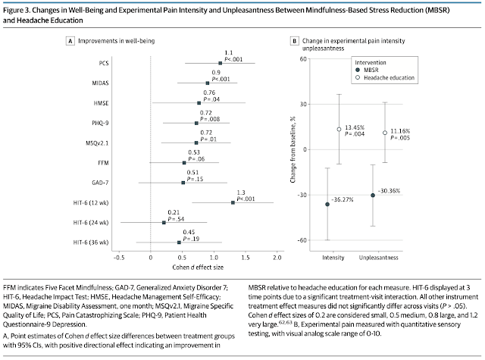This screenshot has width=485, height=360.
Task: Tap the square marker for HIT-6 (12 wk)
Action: [233, 202]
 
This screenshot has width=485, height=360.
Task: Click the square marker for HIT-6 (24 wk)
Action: [164, 222]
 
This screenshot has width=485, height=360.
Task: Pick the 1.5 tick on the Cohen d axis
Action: [246, 258]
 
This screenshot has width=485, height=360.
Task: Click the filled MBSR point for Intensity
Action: [327, 205]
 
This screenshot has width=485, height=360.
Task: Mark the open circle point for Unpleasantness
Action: [384, 133]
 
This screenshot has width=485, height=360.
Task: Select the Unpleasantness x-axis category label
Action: [384, 257]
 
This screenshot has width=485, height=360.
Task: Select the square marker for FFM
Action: [184, 162]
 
